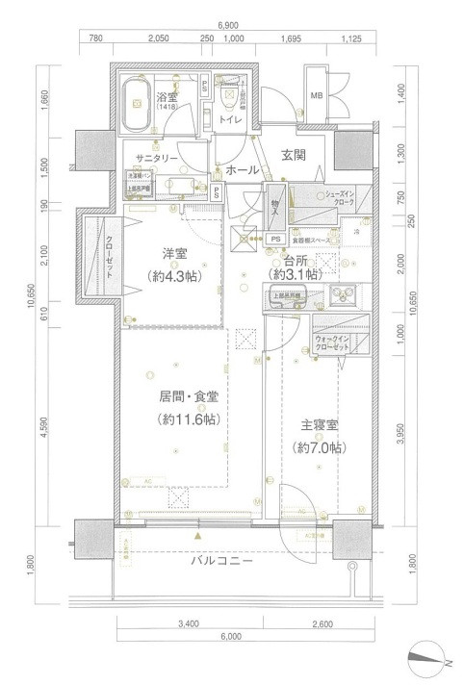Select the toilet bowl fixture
(229, 94)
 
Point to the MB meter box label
(317, 94)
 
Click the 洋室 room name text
(174, 253)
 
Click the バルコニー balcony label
(219, 560)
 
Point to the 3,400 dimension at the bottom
(189, 624)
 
